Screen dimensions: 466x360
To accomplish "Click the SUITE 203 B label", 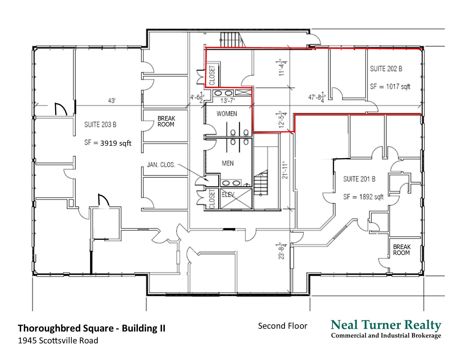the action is pos(100,125).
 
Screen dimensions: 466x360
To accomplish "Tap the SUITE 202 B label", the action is pos(386,69).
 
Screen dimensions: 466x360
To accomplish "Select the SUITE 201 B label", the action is pos(359,179).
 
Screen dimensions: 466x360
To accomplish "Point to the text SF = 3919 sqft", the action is pos(108,143).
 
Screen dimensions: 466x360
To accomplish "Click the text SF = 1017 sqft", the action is pos(390,86).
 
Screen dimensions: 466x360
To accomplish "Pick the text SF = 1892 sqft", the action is pos(363,197).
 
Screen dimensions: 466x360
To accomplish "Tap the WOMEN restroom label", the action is pos(227,114).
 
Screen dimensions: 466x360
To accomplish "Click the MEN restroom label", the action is pos(228,163).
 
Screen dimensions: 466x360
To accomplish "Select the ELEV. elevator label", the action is pos(228,195).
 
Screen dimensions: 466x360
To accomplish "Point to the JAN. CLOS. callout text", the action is pos(161,165).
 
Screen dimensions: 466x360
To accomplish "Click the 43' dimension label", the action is pos(112,100).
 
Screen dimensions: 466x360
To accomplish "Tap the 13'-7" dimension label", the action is pos(228,100).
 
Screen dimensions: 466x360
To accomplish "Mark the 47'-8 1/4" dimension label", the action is pos(317,97).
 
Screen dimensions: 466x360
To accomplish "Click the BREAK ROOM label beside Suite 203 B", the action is pos(166,121).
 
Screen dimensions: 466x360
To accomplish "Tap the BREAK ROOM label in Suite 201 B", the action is pos(402,250).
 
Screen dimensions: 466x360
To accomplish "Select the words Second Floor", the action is pos(283,326).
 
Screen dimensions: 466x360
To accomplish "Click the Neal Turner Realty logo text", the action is pos(386,325).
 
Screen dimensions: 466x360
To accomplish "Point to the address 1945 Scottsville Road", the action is pos(58,341).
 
